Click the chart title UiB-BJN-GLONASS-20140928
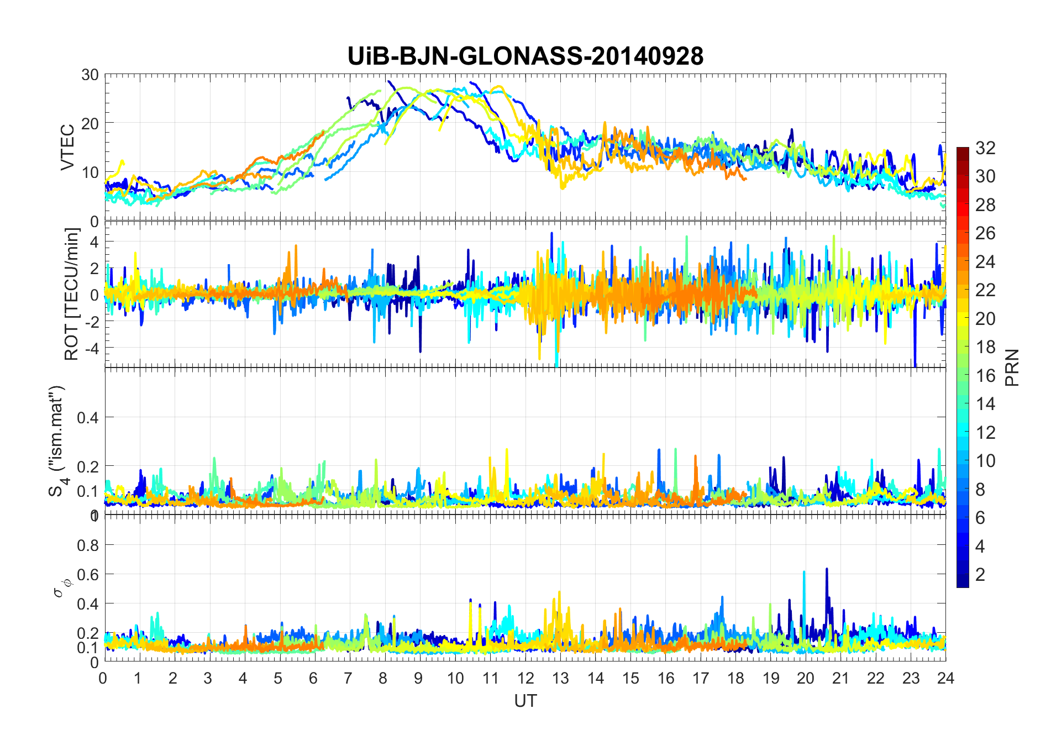(525, 56)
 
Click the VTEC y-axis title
(67, 147)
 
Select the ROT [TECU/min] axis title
(72, 294)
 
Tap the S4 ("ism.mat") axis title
(57, 441)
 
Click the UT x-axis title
(525, 701)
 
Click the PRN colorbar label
(1012, 368)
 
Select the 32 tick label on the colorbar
(985, 148)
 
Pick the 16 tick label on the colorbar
(985, 376)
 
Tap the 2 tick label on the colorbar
(980, 575)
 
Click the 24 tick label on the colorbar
(985, 261)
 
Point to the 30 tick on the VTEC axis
(90, 75)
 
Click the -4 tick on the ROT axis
(90, 348)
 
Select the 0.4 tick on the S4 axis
(88, 417)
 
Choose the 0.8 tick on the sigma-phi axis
(88, 545)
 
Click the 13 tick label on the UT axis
(560, 678)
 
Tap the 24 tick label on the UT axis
(945, 678)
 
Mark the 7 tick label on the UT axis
(348, 678)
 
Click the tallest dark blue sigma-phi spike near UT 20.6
(827, 569)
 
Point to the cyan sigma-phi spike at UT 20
(804, 573)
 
